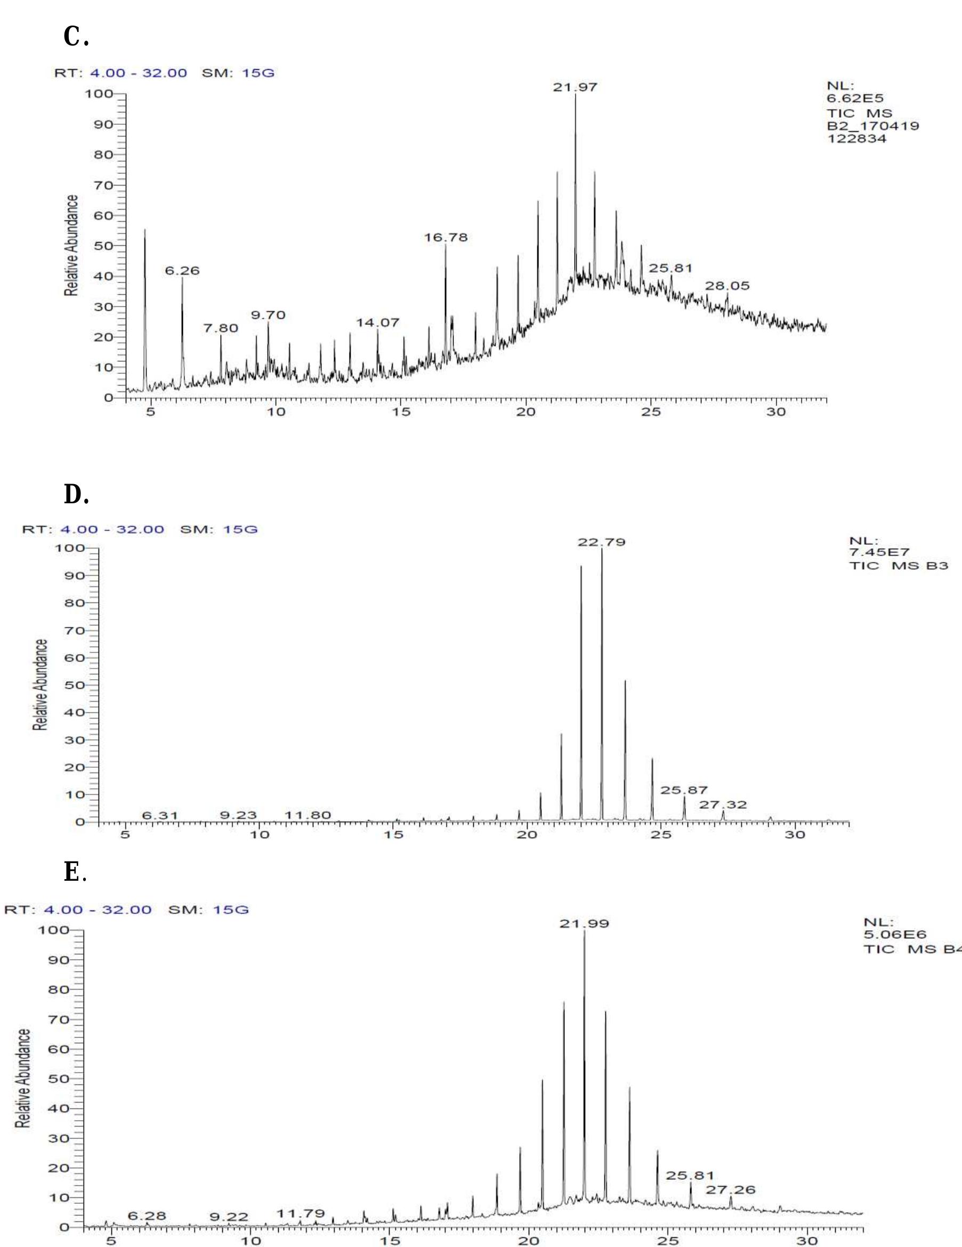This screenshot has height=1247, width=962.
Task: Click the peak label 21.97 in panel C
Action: (575, 87)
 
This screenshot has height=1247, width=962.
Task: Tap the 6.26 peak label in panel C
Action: (182, 271)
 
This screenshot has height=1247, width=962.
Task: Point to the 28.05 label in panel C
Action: (727, 286)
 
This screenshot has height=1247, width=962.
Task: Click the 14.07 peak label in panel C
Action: (377, 323)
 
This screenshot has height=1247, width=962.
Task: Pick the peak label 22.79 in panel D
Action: (601, 542)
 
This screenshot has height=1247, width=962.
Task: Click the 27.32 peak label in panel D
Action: (723, 805)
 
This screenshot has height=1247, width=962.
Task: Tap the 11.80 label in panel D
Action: (308, 815)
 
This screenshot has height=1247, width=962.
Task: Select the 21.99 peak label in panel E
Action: (584, 924)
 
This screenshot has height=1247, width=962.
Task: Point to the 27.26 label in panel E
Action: (730, 1190)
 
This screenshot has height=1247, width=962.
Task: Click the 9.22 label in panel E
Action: (229, 1217)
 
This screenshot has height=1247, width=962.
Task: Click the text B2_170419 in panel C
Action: (873, 126)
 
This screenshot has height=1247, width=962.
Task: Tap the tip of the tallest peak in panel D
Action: (601, 549)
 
